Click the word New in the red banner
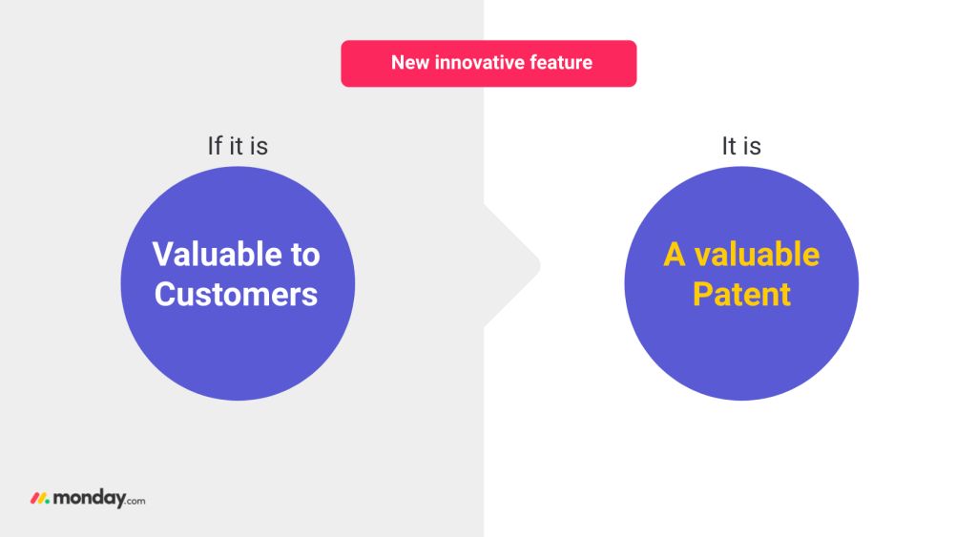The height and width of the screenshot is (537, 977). (410, 62)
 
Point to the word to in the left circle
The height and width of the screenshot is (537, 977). (305, 256)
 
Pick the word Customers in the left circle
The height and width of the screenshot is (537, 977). (237, 294)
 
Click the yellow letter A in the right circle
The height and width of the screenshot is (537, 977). (675, 254)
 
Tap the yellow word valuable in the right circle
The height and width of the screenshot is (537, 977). (757, 254)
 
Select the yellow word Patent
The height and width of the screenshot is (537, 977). (741, 294)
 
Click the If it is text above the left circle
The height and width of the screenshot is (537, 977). (238, 146)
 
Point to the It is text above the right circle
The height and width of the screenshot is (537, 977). (741, 146)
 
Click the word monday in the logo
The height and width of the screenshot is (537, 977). (89, 499)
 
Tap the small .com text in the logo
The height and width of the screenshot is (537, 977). (135, 500)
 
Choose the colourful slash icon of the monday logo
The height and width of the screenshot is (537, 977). (40, 499)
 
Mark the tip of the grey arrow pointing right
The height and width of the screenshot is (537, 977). (540, 266)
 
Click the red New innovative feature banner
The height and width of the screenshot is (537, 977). (488, 64)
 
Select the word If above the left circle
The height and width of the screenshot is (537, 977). (215, 146)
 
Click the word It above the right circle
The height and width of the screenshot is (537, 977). (729, 146)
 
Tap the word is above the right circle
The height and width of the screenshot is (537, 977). (753, 146)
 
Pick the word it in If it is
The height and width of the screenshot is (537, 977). (237, 146)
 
